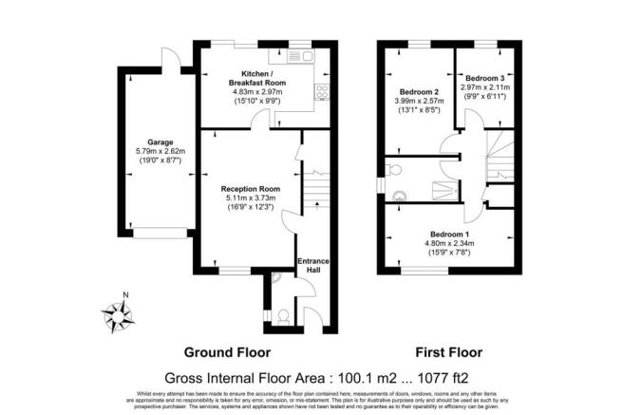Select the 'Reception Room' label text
point(247,188)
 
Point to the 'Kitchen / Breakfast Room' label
point(253,78)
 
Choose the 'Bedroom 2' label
point(417,92)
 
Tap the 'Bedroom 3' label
point(483,78)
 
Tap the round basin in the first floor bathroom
point(397,197)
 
